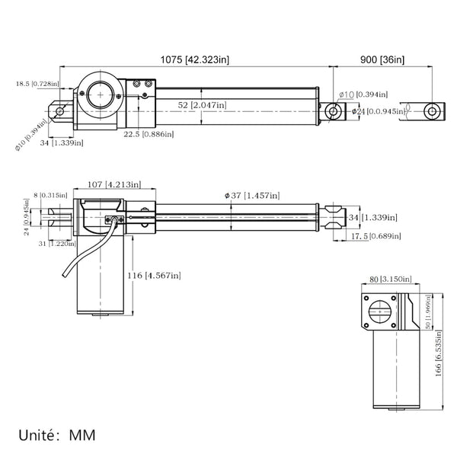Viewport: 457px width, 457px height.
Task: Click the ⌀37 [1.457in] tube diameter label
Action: pyautogui.click(x=252, y=197)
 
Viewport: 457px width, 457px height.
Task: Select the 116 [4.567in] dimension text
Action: pyautogui.click(x=155, y=275)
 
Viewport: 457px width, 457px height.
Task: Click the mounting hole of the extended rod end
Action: pyautogui.click(x=433, y=111)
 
